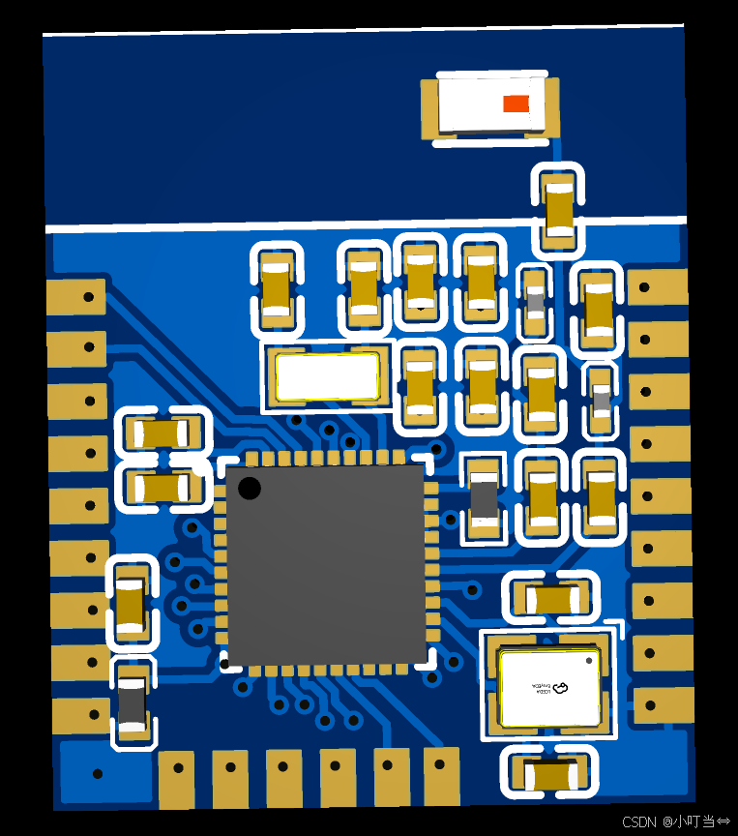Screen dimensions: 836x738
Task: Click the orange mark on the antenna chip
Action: pos(516,104)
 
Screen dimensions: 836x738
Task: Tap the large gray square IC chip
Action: pos(326,566)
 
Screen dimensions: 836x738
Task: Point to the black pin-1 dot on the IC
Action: pos(249,488)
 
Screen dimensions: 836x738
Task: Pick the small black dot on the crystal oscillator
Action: pos(588,660)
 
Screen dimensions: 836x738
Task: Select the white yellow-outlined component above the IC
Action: pos(327,376)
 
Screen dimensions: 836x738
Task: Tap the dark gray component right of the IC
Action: pos(483,498)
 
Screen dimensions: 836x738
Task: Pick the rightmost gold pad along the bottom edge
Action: pos(442,775)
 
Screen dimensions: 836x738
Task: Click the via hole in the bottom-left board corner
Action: pos(97,774)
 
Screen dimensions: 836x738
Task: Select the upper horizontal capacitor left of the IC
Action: pos(162,433)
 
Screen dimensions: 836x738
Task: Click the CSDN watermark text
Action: pos(674,821)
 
